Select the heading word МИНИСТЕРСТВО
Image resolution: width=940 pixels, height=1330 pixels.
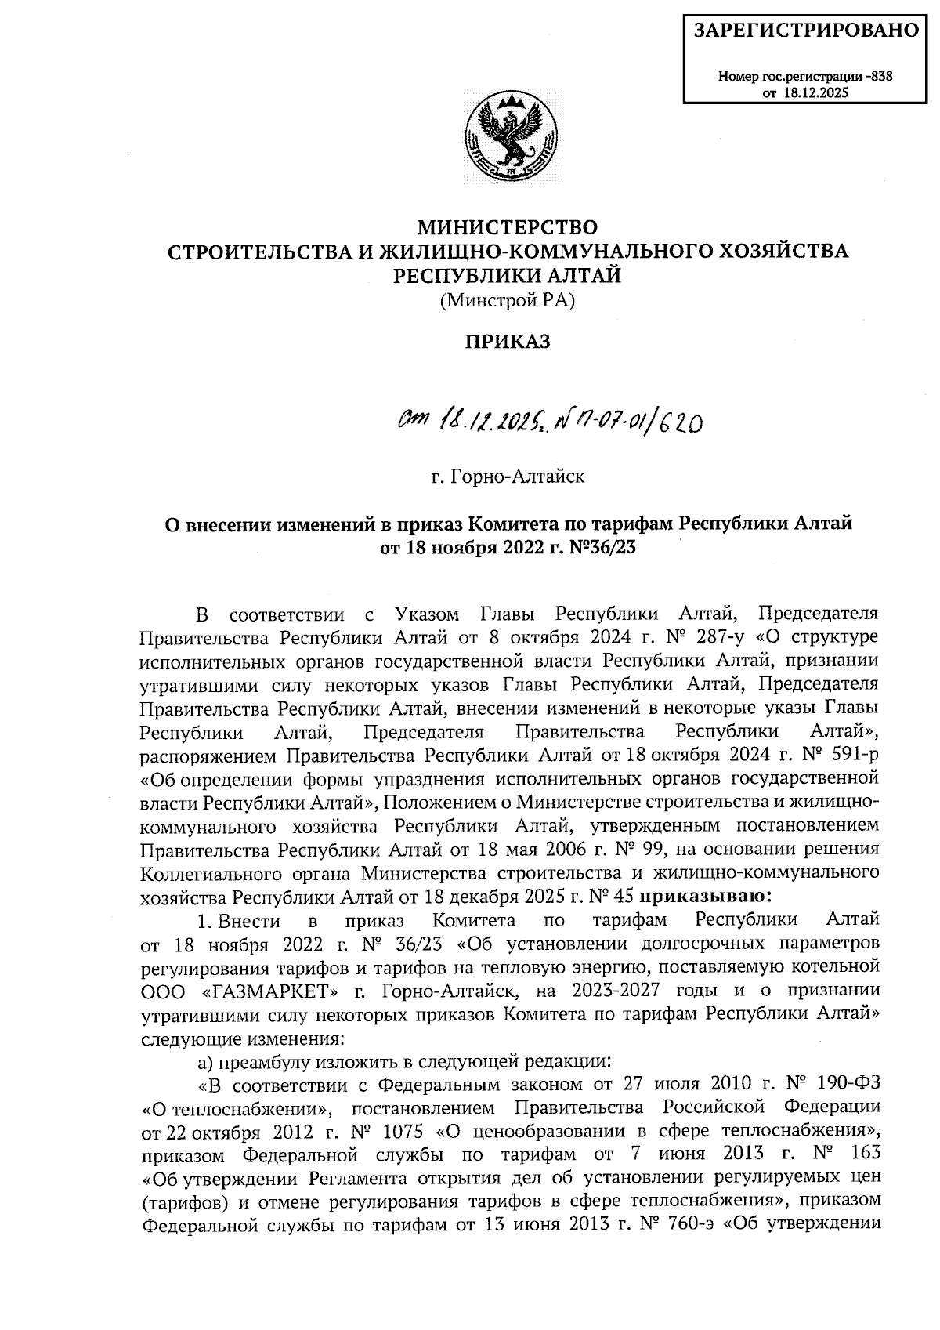pos(508,227)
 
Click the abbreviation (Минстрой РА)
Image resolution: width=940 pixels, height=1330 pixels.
pos(508,299)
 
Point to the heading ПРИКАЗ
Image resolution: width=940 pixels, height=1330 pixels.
pos(508,342)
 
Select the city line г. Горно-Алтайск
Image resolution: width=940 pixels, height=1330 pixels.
pos(508,476)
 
